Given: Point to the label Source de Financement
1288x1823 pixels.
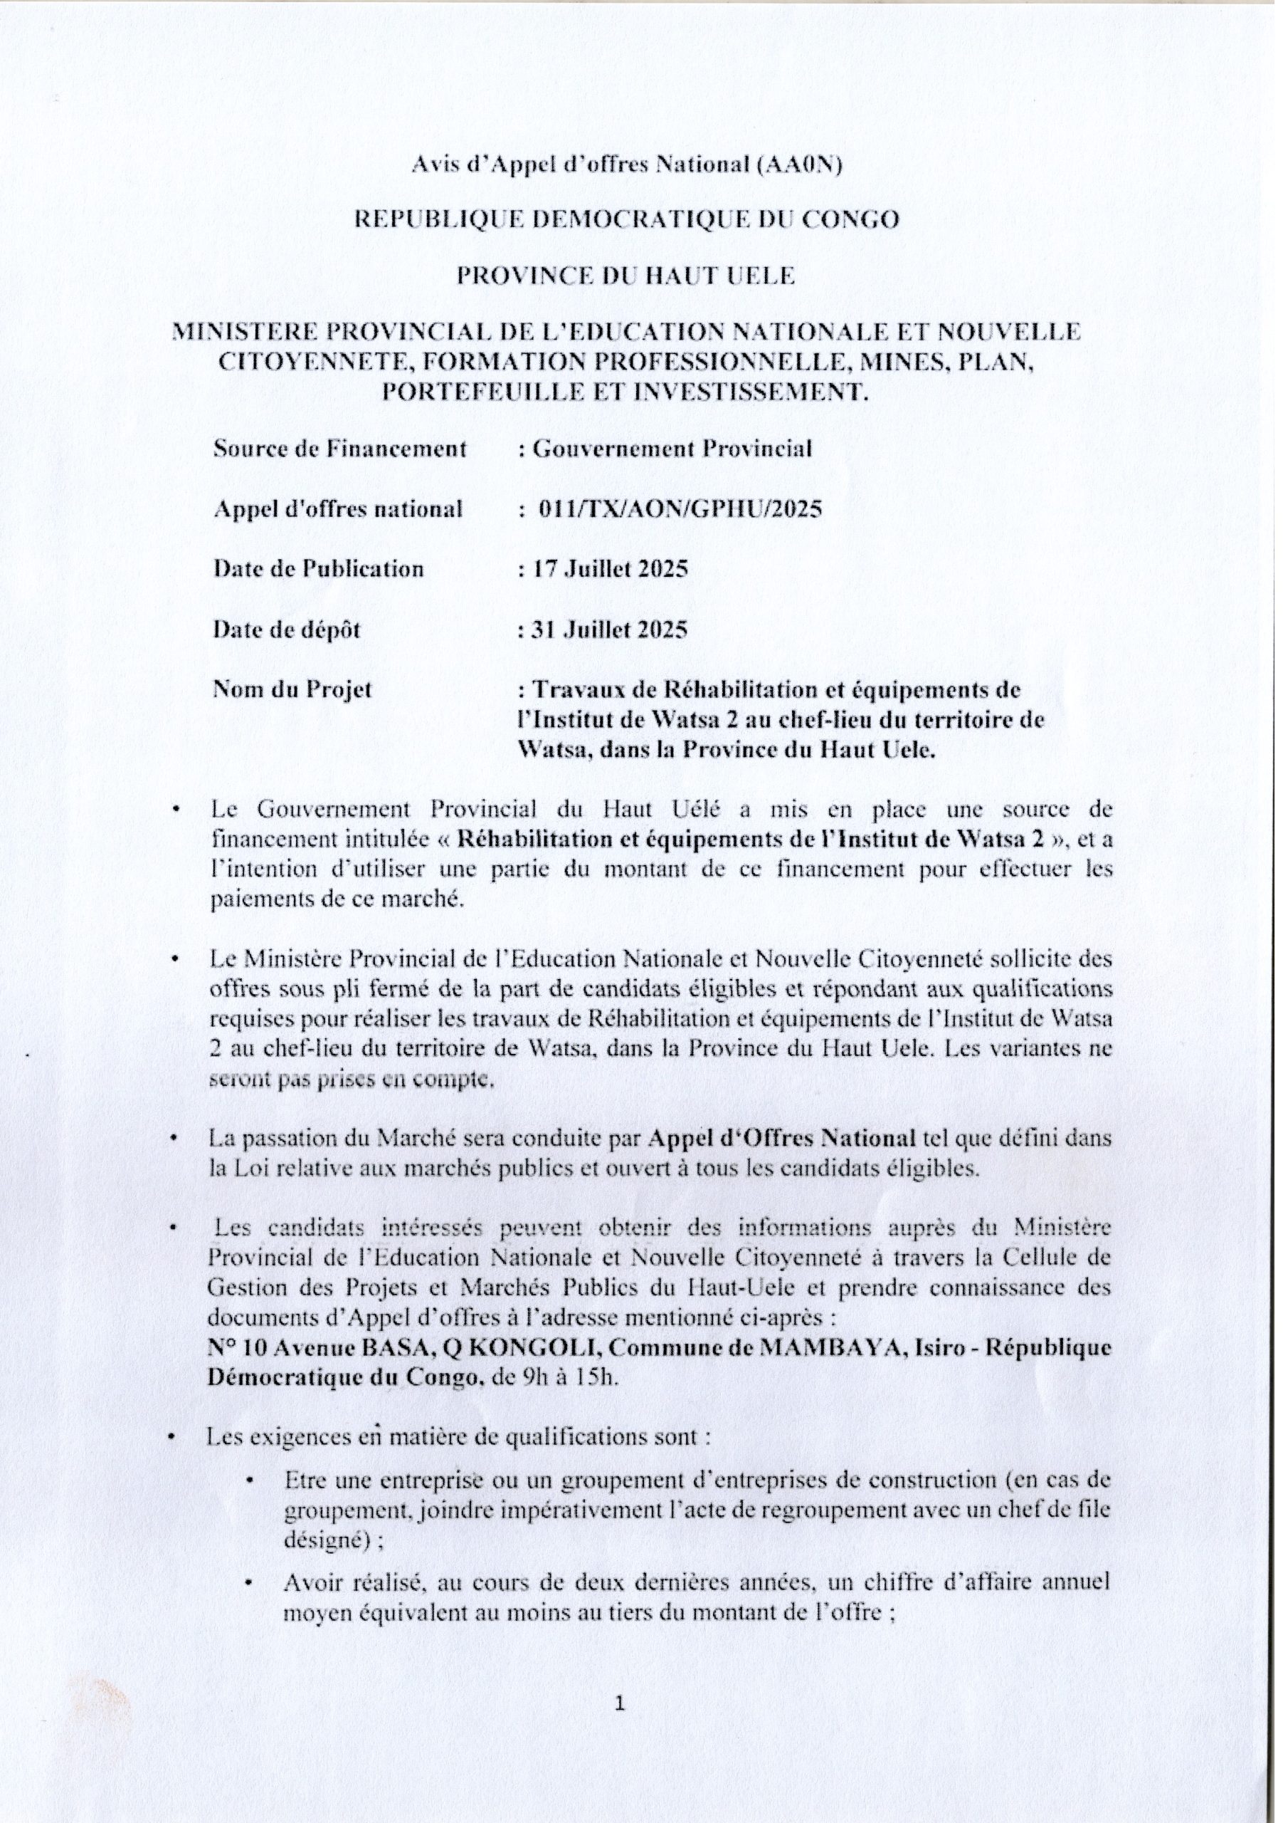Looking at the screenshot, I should (x=343, y=454).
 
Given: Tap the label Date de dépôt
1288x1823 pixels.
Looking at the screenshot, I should (x=290, y=636).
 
